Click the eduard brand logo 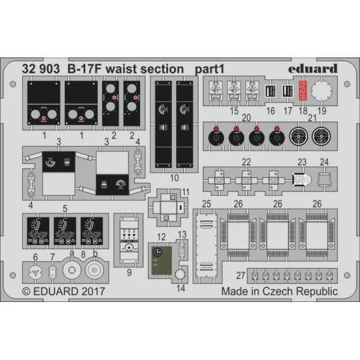tap(313, 69)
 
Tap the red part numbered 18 tap(303, 91)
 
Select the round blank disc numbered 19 tap(321, 91)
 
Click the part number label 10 tap(174, 178)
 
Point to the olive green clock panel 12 tap(161, 261)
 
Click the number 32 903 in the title tap(41, 69)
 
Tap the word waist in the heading tap(121, 69)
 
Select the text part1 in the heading tap(209, 69)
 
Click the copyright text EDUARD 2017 tap(69, 291)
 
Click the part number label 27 tap(241, 275)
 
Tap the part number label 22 tap(246, 162)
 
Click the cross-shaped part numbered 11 tap(168, 207)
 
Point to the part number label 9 tap(129, 273)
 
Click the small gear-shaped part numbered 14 tap(179, 275)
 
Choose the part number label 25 tap(207, 204)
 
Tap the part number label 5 tap(65, 209)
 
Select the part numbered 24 tap(324, 179)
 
